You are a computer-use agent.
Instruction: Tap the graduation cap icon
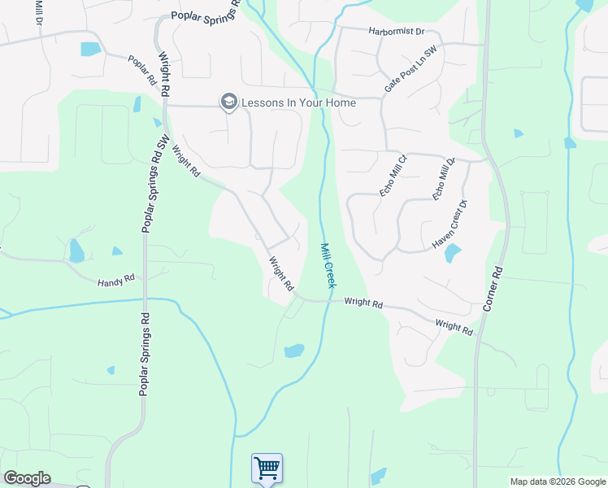(228, 102)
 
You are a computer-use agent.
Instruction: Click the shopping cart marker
(267, 468)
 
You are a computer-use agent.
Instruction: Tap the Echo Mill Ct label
(393, 175)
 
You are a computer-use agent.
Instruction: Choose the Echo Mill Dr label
(445, 180)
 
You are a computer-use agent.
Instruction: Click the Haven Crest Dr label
(450, 224)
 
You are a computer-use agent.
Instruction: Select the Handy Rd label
(115, 281)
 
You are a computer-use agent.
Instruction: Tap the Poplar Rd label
(141, 71)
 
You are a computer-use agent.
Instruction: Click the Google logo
(26, 478)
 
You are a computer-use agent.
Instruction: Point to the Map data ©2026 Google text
(557, 481)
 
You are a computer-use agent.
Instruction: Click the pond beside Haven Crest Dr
(453, 253)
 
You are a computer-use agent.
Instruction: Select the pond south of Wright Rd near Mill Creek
(293, 351)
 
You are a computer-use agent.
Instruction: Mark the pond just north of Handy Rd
(76, 250)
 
